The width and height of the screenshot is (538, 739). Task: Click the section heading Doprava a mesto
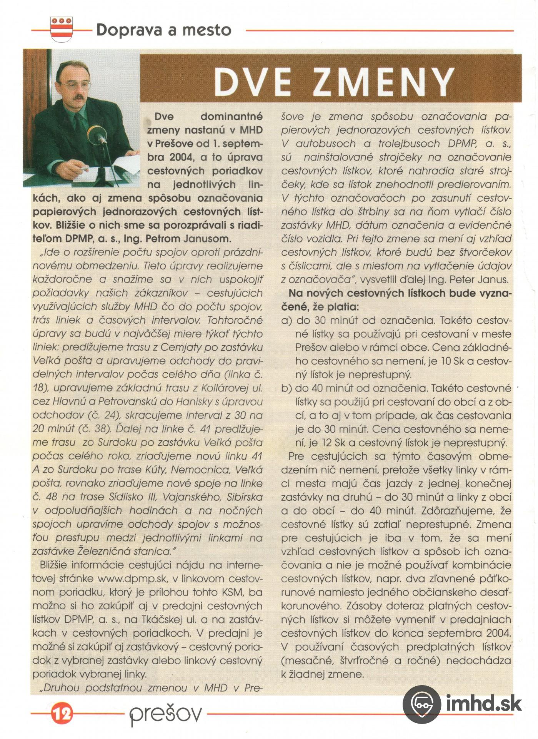163,30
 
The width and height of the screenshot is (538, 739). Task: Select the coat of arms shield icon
63,29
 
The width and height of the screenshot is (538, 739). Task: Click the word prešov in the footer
165,714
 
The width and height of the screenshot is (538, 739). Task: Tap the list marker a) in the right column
286,321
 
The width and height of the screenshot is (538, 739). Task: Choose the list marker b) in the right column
286,388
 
